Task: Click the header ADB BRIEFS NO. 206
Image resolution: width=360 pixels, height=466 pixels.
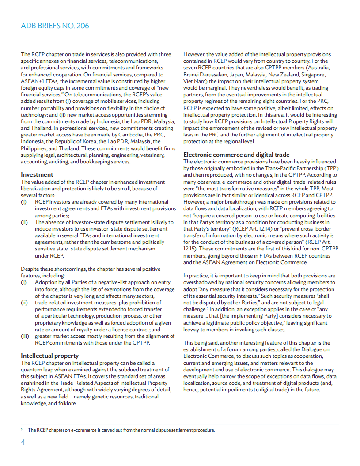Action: click(x=55, y=26)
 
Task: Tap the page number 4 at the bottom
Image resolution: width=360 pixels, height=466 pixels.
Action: click(x=23, y=443)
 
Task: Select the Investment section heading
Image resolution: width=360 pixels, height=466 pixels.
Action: click(x=37, y=174)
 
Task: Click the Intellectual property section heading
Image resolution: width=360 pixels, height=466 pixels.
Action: click(x=50, y=356)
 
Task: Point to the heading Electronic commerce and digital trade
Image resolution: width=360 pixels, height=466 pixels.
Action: click(x=236, y=155)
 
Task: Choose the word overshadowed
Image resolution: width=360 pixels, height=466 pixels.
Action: click(x=203, y=282)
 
